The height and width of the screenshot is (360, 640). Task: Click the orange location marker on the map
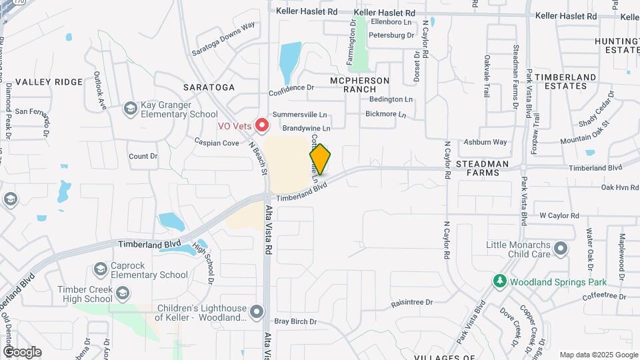pos(320,159)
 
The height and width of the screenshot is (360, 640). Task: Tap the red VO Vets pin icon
pos(263,125)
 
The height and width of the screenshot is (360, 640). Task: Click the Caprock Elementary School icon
pos(101,269)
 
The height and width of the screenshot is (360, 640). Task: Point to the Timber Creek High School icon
pos(123,294)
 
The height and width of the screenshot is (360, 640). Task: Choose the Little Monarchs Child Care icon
pos(561,249)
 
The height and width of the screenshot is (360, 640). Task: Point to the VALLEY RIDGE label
pos(49,82)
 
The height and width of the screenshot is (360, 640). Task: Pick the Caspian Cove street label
pos(217,142)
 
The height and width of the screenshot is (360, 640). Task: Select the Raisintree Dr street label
pos(413,303)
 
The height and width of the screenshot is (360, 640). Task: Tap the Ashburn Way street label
pos(485,142)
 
